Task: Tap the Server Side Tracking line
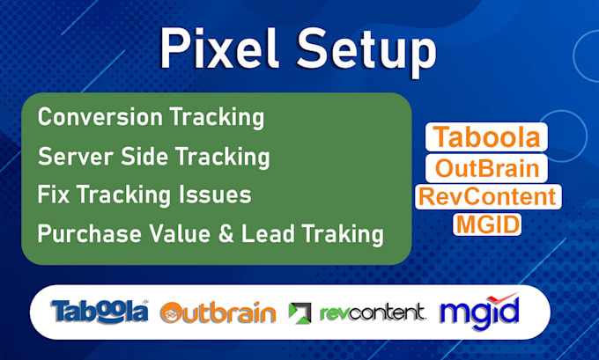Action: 153,158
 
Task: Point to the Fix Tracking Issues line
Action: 144,195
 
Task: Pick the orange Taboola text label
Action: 486,139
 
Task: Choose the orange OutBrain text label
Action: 486,167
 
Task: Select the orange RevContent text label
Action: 487,195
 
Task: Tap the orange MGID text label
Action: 487,224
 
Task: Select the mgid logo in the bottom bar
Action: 479,312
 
